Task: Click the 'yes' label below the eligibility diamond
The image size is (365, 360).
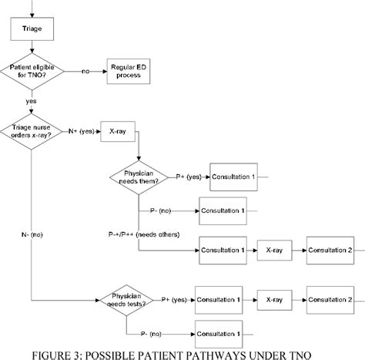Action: [32, 102]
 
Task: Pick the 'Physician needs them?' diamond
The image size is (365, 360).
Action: [139, 177]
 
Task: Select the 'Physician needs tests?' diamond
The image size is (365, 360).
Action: [126, 299]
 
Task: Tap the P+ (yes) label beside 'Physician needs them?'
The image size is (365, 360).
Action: [188, 177]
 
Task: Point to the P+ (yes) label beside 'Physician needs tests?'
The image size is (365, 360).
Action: [175, 298]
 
